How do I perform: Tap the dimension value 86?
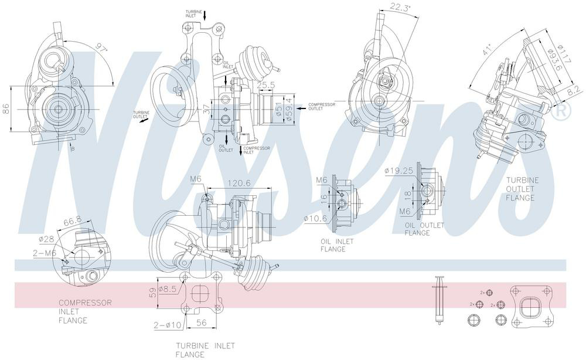tap(6, 108)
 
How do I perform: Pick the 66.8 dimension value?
tap(72, 221)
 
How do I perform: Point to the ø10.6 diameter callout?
tap(315, 219)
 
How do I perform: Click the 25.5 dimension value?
tap(265, 86)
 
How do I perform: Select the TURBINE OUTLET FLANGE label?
tap(521, 189)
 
